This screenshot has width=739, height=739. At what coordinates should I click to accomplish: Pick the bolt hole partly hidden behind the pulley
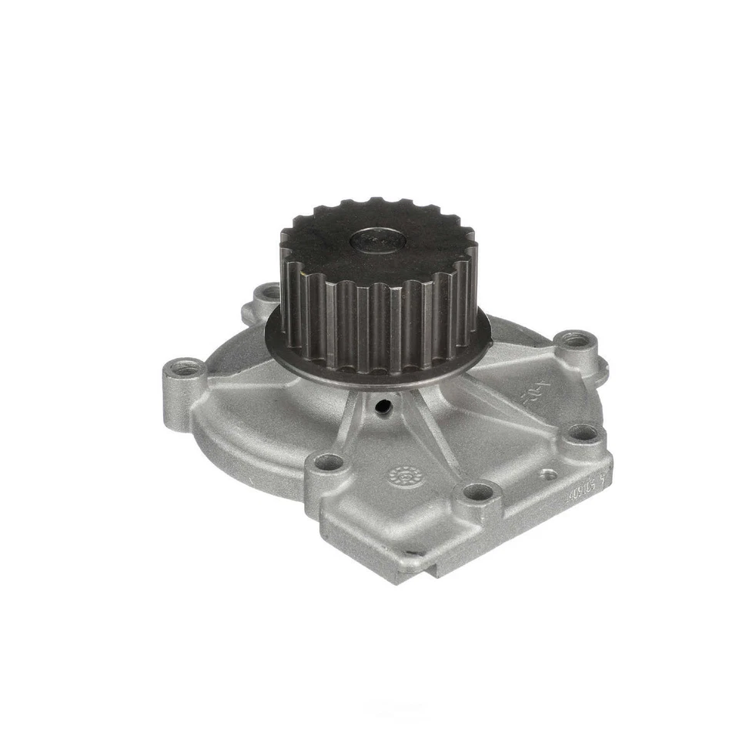pos(269,293)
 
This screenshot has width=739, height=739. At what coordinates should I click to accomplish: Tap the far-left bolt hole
pos(179,374)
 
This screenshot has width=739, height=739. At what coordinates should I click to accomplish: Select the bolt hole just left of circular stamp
pos(329,463)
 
